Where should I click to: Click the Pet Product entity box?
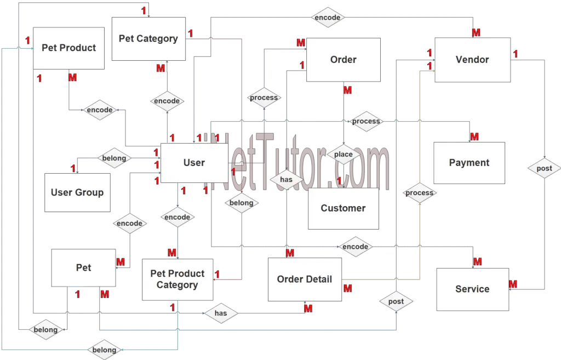click(x=68, y=48)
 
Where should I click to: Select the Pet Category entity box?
click(x=148, y=39)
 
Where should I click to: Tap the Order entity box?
click(x=343, y=60)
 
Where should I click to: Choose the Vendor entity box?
click(x=472, y=60)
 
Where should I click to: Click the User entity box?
click(x=194, y=163)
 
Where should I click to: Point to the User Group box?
click(x=77, y=192)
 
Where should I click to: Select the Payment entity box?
click(x=469, y=163)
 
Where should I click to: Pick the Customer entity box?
click(x=343, y=208)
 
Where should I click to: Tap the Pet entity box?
click(x=83, y=268)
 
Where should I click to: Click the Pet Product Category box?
click(x=177, y=279)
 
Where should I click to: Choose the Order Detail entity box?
click(x=304, y=279)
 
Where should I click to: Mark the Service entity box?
click(x=472, y=289)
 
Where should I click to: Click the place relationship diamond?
click(x=344, y=155)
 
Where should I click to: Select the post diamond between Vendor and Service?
click(x=544, y=168)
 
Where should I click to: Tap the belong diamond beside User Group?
click(x=114, y=158)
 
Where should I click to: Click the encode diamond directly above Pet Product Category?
click(x=177, y=217)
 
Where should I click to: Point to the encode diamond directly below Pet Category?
click(x=167, y=101)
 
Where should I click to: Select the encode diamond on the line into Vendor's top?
click(x=328, y=18)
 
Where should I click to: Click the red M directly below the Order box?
click(x=347, y=89)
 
